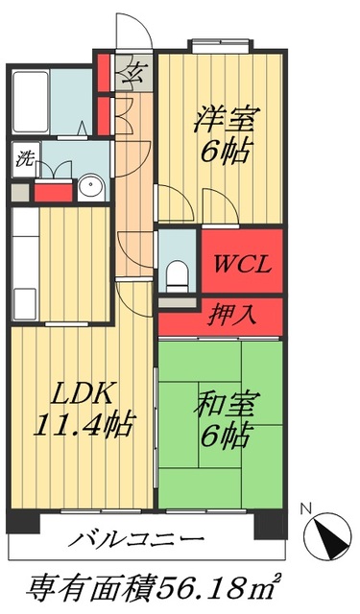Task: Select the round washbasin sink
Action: [x=91, y=186]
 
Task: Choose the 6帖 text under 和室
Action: [x=224, y=437]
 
